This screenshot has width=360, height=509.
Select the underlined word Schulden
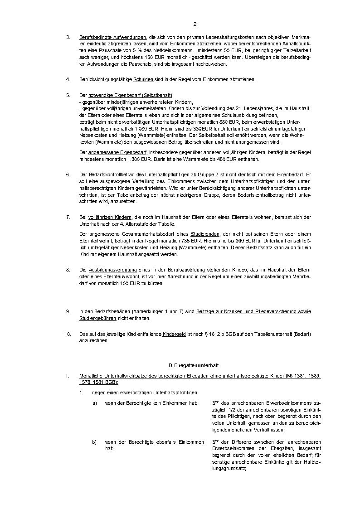[143, 79]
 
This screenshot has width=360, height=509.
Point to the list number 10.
[68, 334]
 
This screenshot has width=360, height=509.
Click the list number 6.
[68, 174]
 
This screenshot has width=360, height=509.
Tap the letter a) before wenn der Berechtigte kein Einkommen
[94, 403]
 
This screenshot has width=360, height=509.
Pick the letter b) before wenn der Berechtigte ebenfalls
[94, 441]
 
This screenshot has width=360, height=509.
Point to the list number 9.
[68, 311]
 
